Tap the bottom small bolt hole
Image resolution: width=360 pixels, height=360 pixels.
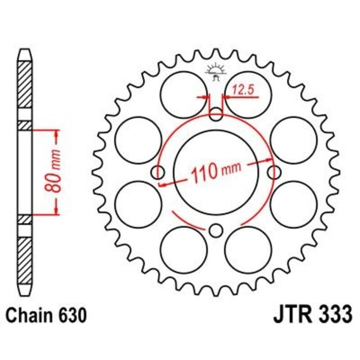tap(216, 231)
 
